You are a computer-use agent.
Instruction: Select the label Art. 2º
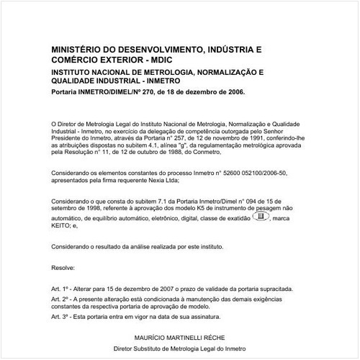(x=61, y=298)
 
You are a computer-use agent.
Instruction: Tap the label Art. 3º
(x=61, y=316)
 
